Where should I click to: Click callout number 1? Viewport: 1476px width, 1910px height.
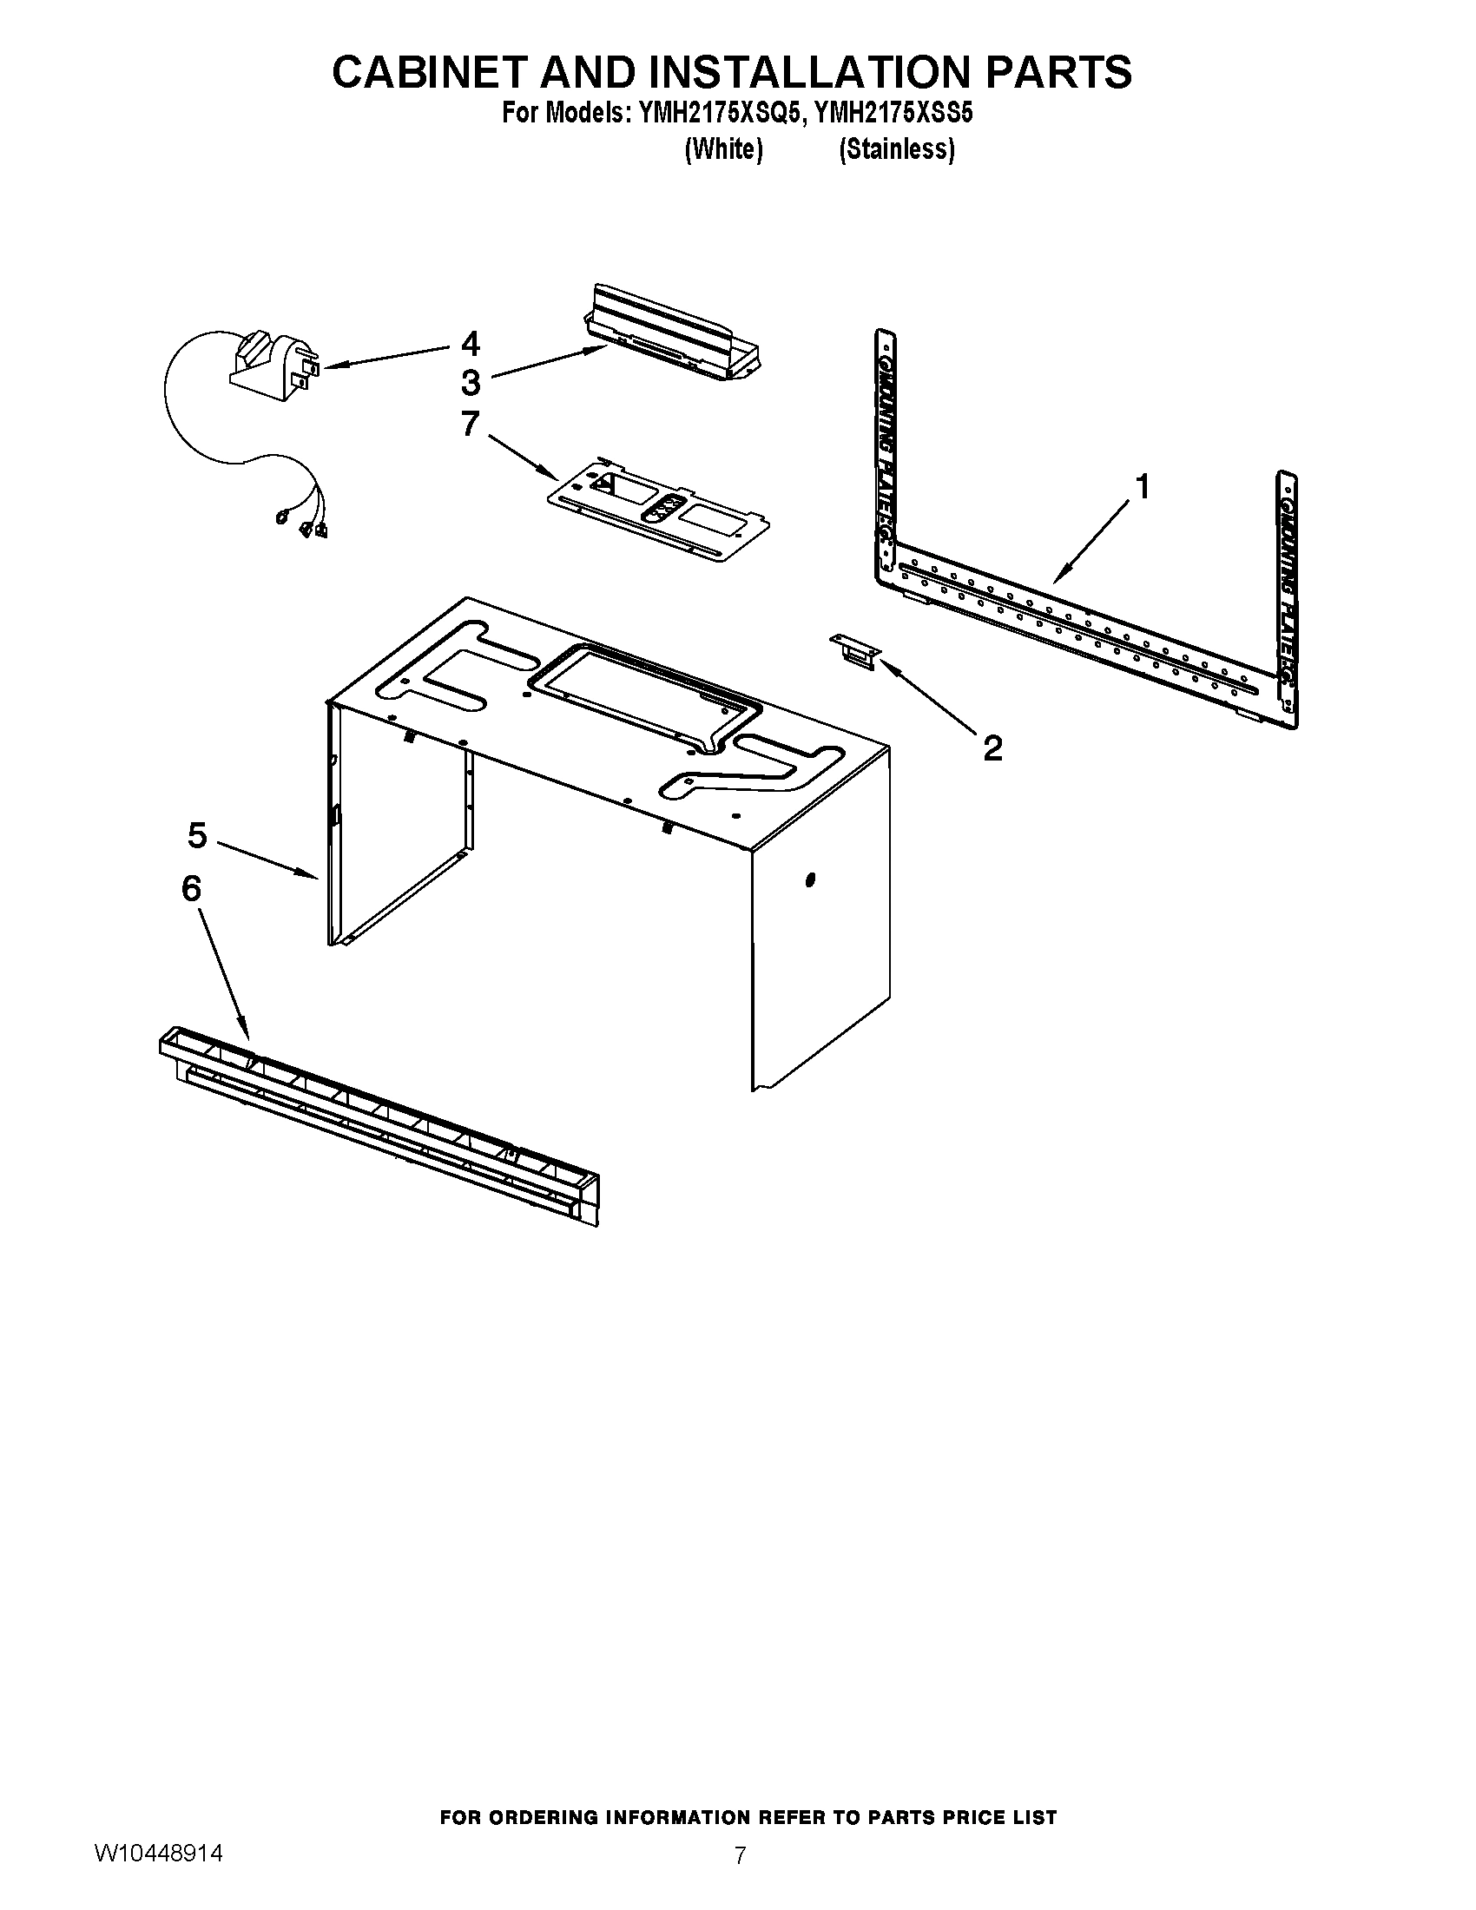[x=1142, y=486]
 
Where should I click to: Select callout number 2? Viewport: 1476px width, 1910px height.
[x=992, y=748]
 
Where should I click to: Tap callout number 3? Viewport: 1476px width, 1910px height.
[x=471, y=383]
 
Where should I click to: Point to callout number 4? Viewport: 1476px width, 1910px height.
[x=471, y=344]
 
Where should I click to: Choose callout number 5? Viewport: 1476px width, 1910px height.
[x=197, y=835]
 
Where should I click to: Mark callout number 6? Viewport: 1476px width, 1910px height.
[x=192, y=888]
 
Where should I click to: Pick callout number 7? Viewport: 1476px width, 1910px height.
[x=471, y=425]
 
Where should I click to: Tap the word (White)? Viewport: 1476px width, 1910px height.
[x=723, y=150]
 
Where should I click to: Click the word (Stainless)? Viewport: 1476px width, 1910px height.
[x=896, y=150]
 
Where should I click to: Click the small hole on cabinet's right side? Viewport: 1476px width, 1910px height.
[x=810, y=879]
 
